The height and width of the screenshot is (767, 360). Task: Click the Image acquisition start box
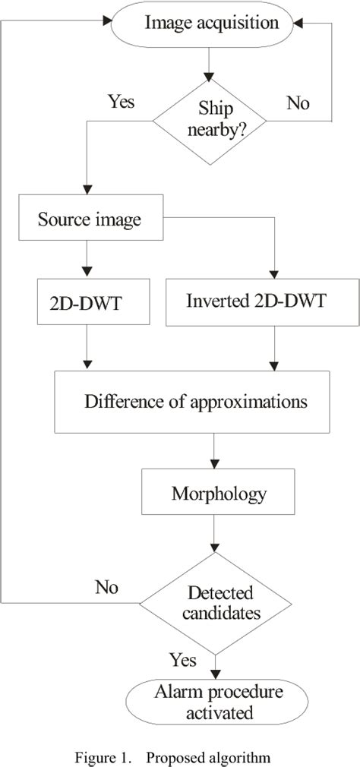pos(211,24)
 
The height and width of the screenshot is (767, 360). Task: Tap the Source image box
pos(90,221)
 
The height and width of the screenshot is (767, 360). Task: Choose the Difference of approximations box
pos(197,401)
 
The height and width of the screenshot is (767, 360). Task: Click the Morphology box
pos(218,494)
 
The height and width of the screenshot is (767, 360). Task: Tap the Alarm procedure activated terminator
pos(217,702)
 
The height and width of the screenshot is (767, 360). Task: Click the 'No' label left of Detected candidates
pos(107,586)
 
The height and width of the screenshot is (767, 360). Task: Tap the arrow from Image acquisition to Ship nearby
pos(210,61)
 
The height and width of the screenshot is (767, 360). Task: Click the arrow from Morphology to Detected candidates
pos(217,536)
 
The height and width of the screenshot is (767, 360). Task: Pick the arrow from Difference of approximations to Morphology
pos(217,451)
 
